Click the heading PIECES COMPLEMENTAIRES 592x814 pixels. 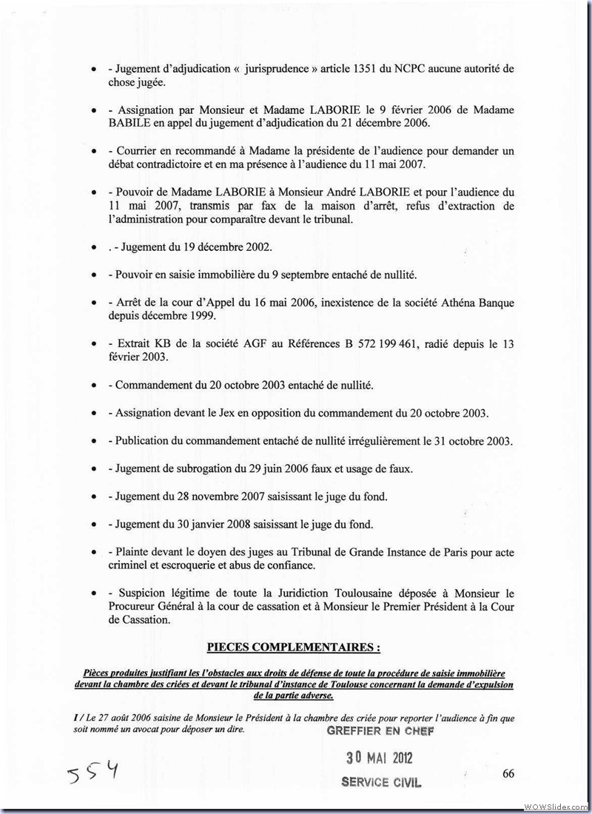(294, 647)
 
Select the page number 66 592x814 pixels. (508, 773)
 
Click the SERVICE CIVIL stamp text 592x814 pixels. (381, 782)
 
